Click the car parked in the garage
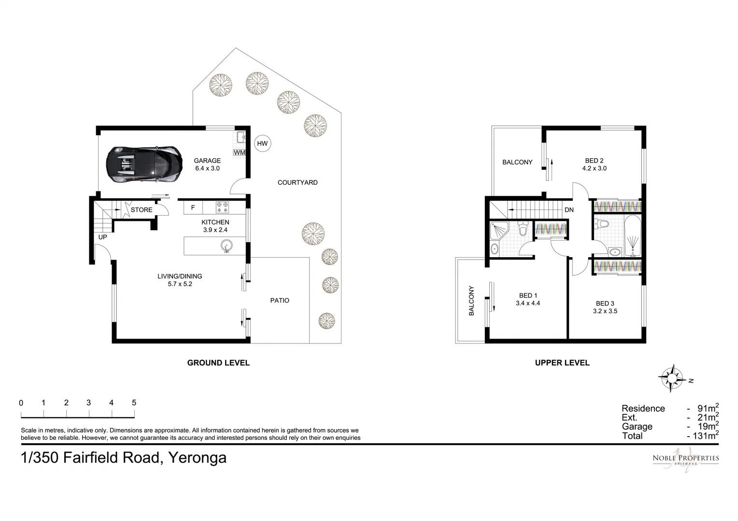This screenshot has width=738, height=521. pos(144,165)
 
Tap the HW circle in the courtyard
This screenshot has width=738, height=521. pos(262,143)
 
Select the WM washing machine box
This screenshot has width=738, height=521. pos(239,152)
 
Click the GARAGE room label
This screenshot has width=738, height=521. pos(207,161)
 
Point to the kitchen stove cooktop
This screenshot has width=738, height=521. pos(222,207)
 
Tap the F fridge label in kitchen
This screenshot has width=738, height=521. pos(193,207)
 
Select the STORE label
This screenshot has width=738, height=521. pos(142,210)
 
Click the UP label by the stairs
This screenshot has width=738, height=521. pos(103,237)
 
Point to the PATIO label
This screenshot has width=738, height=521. pos(280,301)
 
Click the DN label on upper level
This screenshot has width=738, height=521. pos(569,210)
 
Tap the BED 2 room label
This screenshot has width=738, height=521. pos(594,161)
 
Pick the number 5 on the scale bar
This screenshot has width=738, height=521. pos(134,403)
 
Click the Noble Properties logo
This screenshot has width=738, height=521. pos(685,461)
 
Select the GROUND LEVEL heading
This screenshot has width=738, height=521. pos(218,363)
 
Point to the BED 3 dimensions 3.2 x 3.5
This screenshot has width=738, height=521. pos(605,311)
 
